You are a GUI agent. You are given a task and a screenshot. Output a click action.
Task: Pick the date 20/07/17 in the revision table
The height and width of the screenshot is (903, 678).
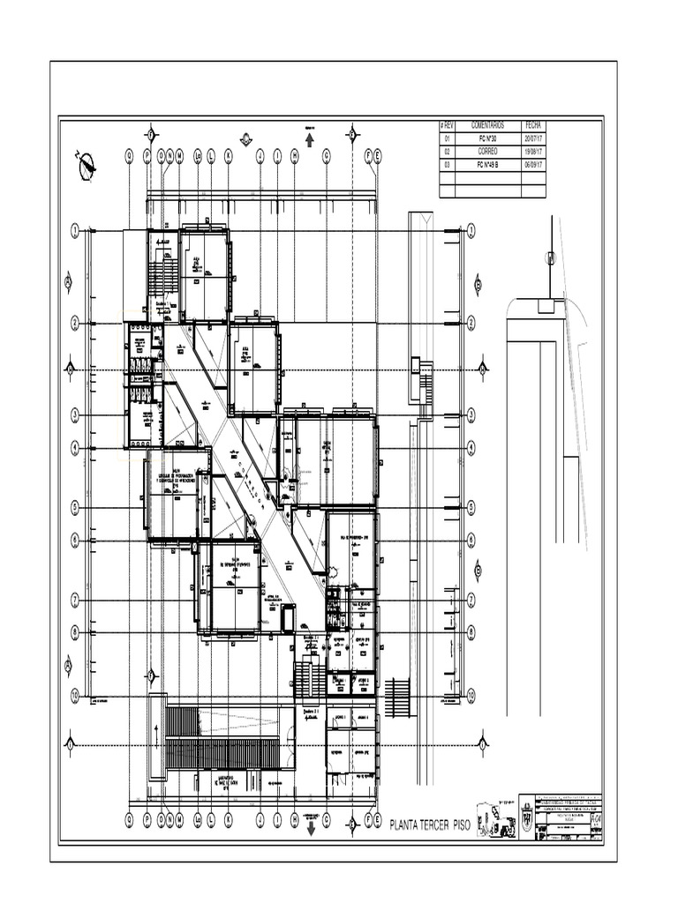(535, 139)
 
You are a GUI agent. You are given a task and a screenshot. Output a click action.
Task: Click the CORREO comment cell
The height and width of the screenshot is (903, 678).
(486, 152)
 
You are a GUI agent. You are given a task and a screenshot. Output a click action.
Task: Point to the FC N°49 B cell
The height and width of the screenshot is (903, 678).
(486, 165)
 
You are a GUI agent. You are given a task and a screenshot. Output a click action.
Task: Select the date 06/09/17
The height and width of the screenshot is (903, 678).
(535, 165)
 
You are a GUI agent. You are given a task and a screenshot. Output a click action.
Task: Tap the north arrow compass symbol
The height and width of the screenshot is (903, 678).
(87, 166)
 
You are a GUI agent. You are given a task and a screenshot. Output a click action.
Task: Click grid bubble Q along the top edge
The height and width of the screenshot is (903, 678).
(129, 155)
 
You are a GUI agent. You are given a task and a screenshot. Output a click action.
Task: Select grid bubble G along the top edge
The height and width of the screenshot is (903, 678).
(326, 155)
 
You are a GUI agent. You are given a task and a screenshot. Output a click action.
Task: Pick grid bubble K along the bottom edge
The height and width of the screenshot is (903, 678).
(228, 819)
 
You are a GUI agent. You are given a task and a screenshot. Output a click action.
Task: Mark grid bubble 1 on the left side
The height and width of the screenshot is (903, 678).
(76, 230)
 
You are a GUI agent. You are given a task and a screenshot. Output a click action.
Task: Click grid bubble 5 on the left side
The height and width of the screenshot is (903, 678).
(76, 507)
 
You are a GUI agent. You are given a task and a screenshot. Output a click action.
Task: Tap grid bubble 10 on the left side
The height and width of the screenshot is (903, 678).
(76, 696)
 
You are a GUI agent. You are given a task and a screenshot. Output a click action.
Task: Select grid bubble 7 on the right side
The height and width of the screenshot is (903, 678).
(471, 600)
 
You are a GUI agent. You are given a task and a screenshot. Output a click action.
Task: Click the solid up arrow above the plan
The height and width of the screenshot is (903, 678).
(310, 141)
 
